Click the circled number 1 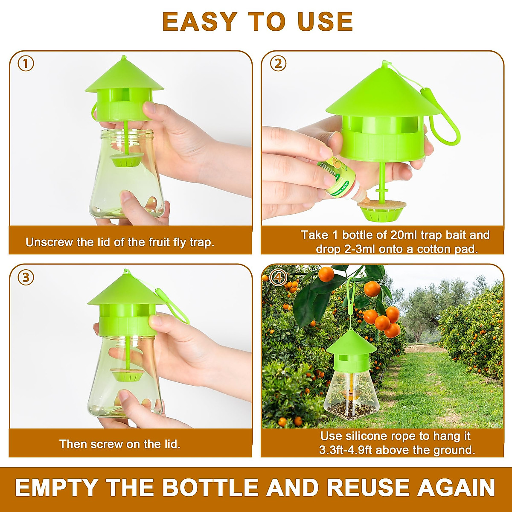[26, 64]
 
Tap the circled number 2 [278, 64]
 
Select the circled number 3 [26, 277]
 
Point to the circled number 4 [278, 278]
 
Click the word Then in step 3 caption [73, 444]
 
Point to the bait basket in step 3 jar [126, 374]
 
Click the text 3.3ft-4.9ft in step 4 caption [346, 450]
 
